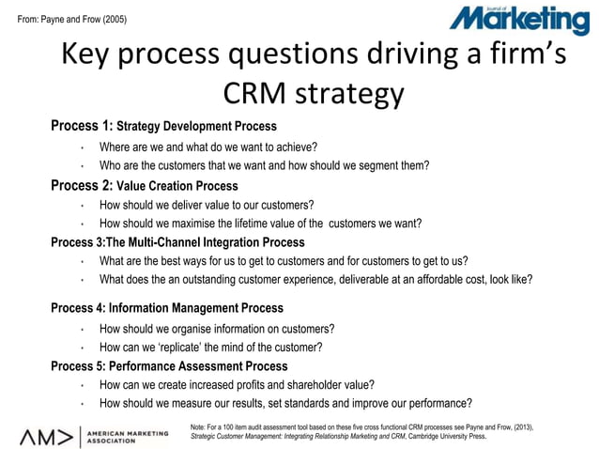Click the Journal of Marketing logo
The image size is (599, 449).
(x=518, y=20)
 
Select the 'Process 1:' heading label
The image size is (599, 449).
(x=82, y=126)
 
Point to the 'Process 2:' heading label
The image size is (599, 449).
(x=82, y=186)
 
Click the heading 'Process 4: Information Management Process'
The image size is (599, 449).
(x=166, y=308)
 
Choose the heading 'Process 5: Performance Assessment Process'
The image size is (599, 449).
(x=169, y=366)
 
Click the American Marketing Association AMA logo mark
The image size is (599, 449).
(x=47, y=435)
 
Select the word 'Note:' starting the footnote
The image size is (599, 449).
(x=200, y=427)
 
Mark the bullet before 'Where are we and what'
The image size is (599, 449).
(x=83, y=147)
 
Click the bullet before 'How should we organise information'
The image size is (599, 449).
(x=83, y=329)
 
